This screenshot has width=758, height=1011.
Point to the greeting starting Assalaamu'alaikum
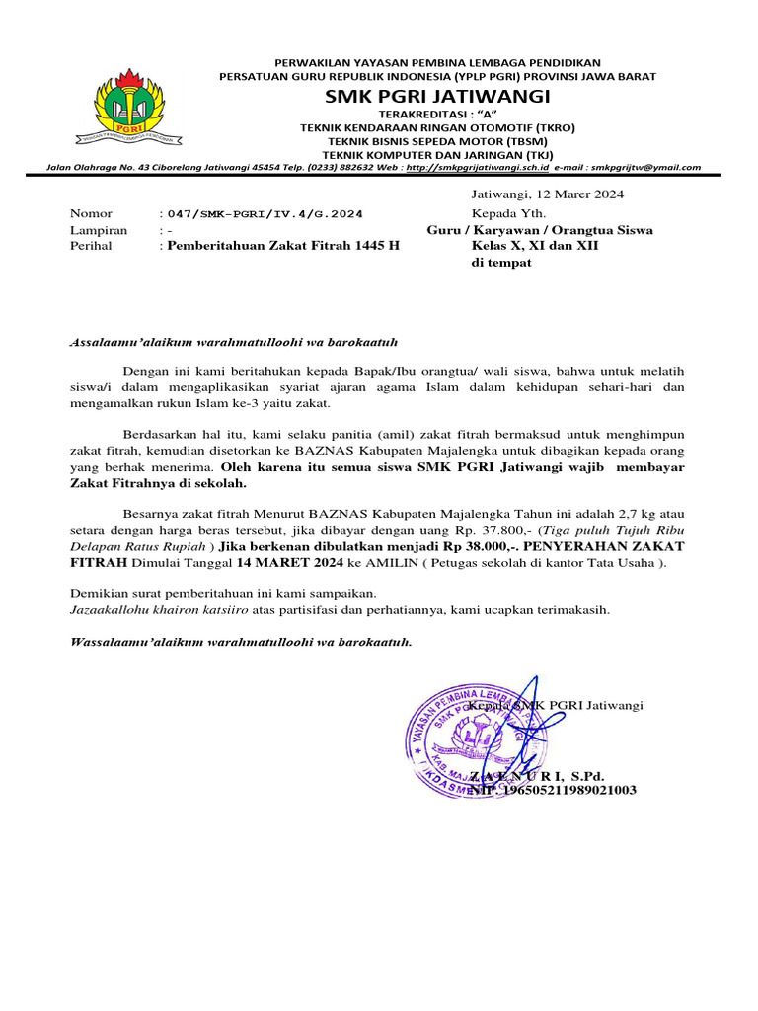point(233,342)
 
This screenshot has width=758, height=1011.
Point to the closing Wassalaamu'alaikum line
point(241,642)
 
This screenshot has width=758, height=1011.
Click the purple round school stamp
point(463,737)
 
